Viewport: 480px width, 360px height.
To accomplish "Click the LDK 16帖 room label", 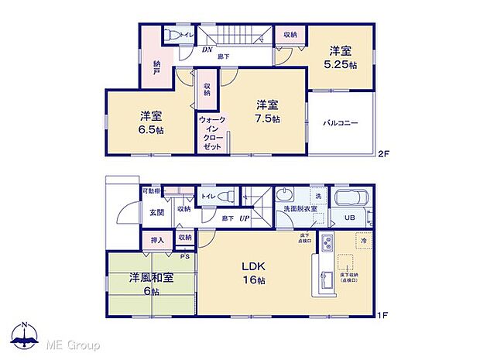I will (x=257, y=274).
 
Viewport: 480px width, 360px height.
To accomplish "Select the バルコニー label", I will (x=340, y=122).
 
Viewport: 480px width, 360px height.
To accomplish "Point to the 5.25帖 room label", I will (x=341, y=58).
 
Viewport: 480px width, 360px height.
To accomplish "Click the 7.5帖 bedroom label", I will (x=268, y=113).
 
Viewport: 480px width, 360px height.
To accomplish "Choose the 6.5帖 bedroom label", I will (x=151, y=123).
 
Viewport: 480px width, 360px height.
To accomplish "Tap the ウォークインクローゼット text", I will (x=211, y=133).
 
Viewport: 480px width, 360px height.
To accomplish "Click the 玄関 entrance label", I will (x=156, y=211).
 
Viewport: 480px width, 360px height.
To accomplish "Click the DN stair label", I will (x=207, y=50).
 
